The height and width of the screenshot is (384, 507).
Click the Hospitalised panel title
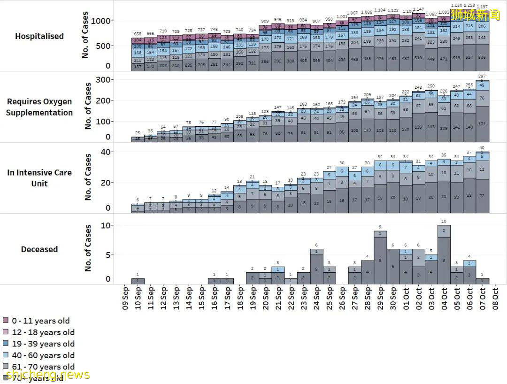pyautogui.click(x=39, y=36)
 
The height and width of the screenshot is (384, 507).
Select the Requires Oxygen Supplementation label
pyautogui.click(x=39, y=107)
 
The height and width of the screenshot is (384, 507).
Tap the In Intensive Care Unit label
pyautogui.click(x=39, y=178)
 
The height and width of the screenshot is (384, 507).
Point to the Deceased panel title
pyautogui.click(x=39, y=249)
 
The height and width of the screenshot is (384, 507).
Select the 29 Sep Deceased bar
pyautogui.click(x=380, y=258)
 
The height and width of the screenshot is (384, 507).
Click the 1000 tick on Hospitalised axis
pyautogui.click(x=100, y=21)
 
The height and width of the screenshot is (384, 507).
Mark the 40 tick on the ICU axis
pyautogui.click(x=106, y=152)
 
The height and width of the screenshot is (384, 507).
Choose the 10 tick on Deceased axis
pyautogui.click(x=106, y=226)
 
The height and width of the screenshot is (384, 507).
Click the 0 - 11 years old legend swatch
pyautogui.click(x=6, y=321)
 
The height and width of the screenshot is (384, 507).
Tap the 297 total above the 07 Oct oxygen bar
pyautogui.click(x=482, y=77)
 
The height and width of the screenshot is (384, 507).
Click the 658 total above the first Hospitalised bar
pyautogui.click(x=138, y=34)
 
